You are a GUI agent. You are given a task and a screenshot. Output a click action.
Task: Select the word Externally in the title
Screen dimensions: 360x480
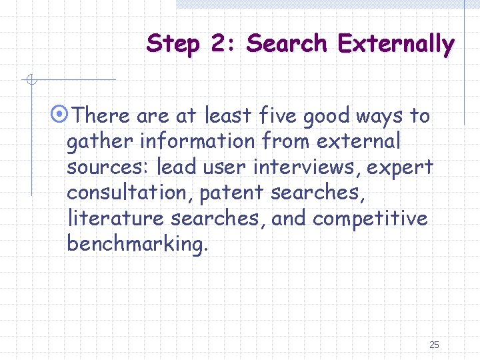coord(396,44)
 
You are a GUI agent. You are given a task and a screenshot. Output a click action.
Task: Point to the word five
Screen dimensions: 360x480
coord(274,116)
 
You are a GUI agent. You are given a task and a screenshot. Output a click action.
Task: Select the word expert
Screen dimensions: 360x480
coord(402,167)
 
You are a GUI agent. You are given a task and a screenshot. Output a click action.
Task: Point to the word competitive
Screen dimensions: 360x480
coord(370,218)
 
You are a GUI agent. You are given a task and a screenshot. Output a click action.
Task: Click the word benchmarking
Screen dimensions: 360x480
coord(137,243)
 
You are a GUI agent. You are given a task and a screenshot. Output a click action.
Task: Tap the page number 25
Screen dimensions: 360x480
coord(434,345)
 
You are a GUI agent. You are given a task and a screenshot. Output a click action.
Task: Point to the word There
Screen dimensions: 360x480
coord(102,116)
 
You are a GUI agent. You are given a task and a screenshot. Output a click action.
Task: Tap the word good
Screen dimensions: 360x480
coord(326,116)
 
